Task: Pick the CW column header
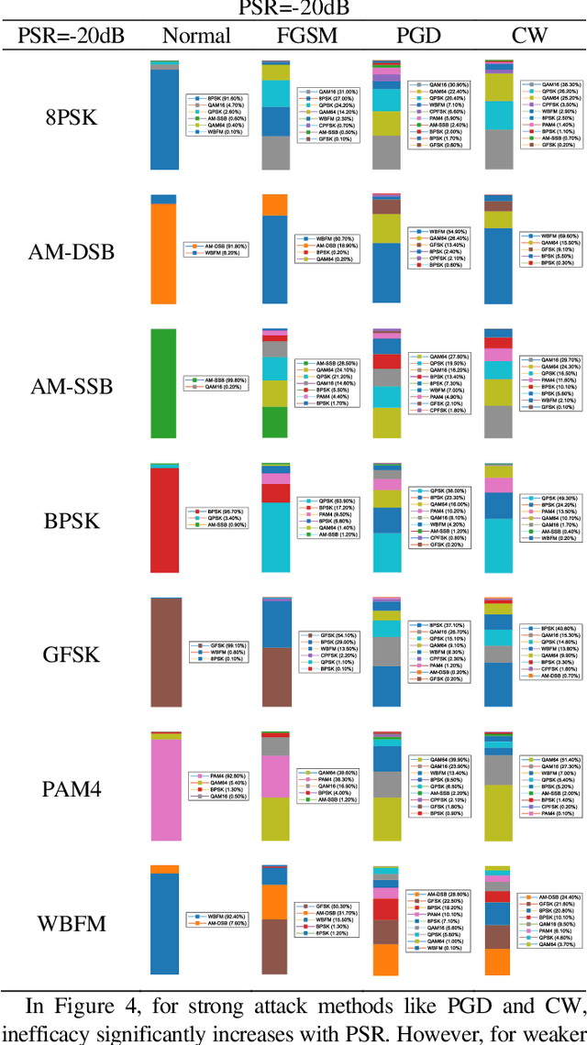click(528, 37)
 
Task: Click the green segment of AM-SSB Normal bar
click(164, 383)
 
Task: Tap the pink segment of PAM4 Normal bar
click(164, 789)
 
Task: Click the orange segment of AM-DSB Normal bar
click(164, 253)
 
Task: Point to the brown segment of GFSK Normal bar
click(164, 652)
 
